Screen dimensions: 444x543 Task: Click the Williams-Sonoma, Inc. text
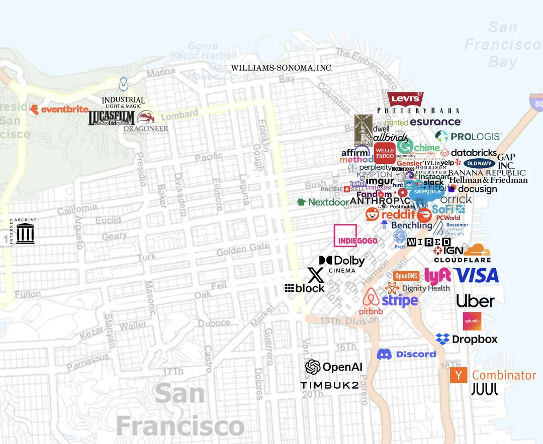pos(282,68)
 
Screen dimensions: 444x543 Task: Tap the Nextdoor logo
pos(323,202)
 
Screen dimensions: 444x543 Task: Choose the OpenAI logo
pos(333,367)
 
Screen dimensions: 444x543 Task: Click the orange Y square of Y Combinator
pos(458,375)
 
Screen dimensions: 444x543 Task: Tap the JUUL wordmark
pos(485,389)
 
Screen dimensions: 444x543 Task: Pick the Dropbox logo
pos(466,340)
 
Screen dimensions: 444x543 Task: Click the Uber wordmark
pos(475,301)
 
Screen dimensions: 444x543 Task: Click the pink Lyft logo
pos(437,275)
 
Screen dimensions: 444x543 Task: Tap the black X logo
pos(315,275)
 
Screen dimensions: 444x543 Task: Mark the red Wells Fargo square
pos(385,153)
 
